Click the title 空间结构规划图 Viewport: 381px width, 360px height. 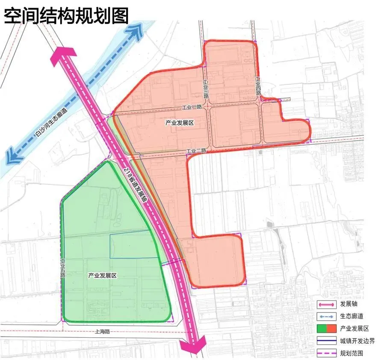[66, 16]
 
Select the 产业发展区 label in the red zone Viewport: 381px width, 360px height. [180, 123]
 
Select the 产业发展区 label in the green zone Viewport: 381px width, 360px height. [103, 275]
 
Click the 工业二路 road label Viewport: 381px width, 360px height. [197, 151]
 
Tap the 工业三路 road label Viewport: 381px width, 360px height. [206, 89]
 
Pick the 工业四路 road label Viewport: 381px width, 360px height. [258, 86]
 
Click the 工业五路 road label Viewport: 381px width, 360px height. [63, 268]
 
